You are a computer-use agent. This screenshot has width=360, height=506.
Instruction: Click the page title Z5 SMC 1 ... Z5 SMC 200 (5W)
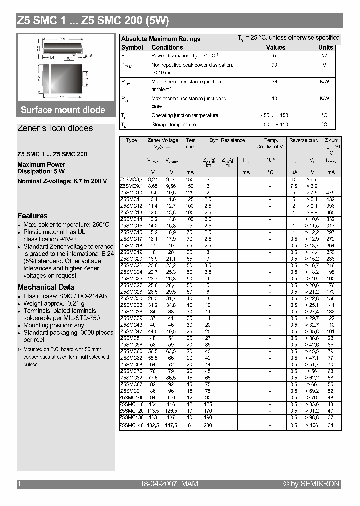click(93, 21)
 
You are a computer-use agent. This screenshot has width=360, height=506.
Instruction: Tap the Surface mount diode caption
click(63, 110)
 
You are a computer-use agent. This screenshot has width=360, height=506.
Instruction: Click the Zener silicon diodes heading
click(55, 128)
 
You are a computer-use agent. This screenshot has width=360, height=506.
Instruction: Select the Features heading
click(32, 216)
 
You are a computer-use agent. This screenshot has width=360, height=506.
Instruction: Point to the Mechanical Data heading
click(46, 287)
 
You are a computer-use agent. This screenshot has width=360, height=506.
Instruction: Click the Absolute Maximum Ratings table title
click(161, 39)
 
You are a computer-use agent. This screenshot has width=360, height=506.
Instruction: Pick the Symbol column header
click(132, 47)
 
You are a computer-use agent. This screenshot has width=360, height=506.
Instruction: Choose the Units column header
click(326, 47)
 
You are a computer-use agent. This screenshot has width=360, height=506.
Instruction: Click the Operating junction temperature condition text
click(184, 115)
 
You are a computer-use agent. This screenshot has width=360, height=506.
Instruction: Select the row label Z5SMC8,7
click(131, 179)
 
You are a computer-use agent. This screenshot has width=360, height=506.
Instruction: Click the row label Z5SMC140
click(131, 425)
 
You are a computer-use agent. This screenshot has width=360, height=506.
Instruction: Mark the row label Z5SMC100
click(131, 398)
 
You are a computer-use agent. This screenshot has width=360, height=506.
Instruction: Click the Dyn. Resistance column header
click(227, 141)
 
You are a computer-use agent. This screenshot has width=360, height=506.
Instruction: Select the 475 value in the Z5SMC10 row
click(330, 193)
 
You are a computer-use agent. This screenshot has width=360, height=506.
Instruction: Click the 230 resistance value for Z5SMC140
click(208, 425)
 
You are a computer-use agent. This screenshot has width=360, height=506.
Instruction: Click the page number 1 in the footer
click(19, 484)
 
